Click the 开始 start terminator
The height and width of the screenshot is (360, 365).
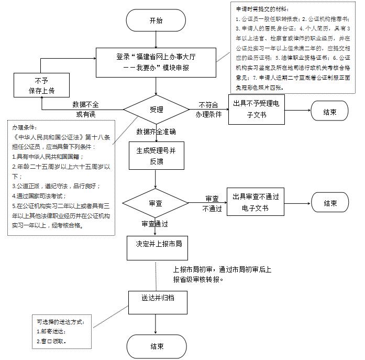(156, 21)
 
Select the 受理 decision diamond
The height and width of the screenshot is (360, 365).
(156, 110)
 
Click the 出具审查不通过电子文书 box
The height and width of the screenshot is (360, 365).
(256, 203)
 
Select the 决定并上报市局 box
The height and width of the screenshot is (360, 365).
(155, 244)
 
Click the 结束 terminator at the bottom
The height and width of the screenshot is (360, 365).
(156, 346)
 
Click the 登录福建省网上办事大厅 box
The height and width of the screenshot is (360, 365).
(156, 61)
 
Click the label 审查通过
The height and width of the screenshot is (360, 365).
(154, 224)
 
